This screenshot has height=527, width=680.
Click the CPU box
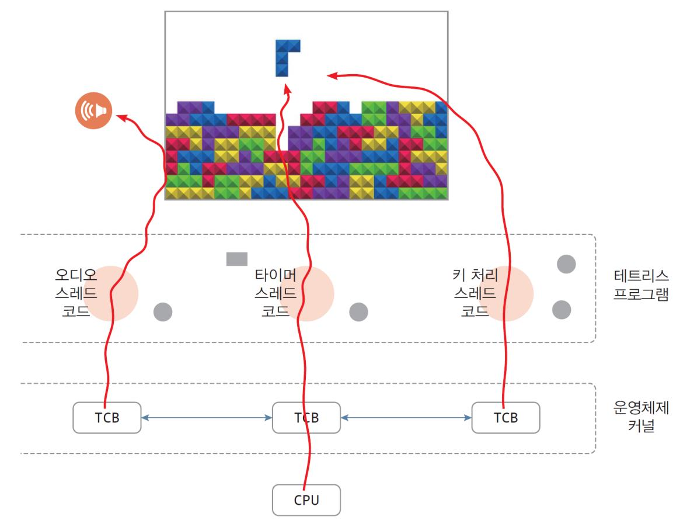pyautogui.click(x=306, y=500)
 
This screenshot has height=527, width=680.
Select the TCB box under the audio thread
pyautogui.click(x=107, y=417)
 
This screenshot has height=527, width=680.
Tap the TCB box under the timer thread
pyautogui.click(x=306, y=417)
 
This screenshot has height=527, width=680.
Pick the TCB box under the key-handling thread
pyautogui.click(x=505, y=417)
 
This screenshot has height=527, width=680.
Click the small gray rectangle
pyautogui.click(x=237, y=259)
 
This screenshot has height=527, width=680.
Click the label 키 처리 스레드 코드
pyautogui.click(x=474, y=292)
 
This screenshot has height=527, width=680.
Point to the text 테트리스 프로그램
pyautogui.click(x=641, y=283)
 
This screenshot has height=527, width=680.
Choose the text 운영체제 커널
pyautogui.click(x=641, y=417)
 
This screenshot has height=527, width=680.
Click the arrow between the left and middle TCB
pyautogui.click(x=207, y=417)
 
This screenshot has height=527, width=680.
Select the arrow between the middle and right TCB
pyautogui.click(x=406, y=417)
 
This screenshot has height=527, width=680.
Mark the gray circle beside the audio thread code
pyautogui.click(x=163, y=313)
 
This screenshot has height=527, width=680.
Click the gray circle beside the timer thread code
pyautogui.click(x=358, y=313)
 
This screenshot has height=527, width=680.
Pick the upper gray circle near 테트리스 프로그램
pyautogui.click(x=566, y=264)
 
